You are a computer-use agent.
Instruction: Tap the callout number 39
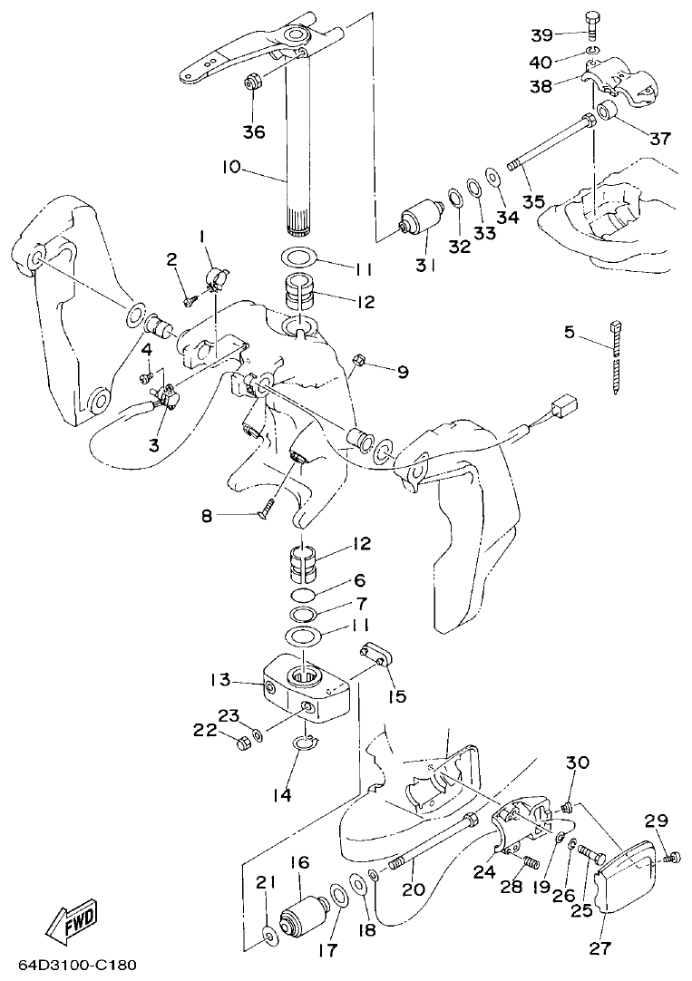click(x=542, y=34)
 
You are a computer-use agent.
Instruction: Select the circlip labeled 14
click(x=307, y=745)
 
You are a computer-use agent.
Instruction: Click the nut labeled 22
click(x=242, y=744)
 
